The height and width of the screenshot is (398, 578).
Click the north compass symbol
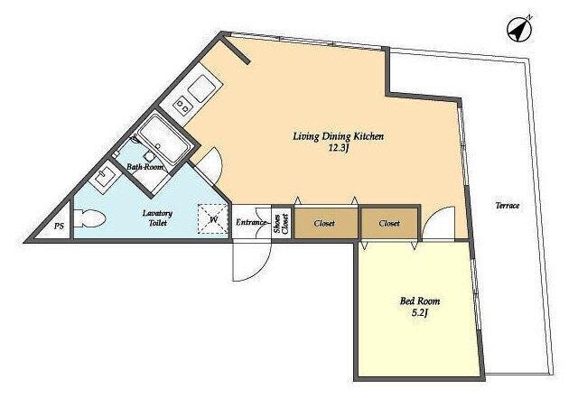pos(518,30)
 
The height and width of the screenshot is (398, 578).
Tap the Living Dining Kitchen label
pos(339,136)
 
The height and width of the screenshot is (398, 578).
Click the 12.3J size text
pos(339,149)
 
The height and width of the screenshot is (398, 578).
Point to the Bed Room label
pos(420,301)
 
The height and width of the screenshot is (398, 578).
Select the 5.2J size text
pos(420,313)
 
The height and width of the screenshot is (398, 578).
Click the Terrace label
pos(508,206)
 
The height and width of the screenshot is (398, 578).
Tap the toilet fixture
pos(89,219)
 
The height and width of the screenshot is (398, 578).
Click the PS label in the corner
pos(59,226)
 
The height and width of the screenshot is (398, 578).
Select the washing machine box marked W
pos(213,219)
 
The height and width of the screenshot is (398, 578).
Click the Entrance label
pos(251,223)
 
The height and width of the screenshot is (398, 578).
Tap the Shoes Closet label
pos(281,223)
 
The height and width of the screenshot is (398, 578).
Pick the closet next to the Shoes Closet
pos(326,223)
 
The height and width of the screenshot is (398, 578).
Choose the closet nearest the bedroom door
pos(389,223)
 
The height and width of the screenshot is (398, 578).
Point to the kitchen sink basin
pos(201,88)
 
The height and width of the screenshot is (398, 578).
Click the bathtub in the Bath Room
pos(163,138)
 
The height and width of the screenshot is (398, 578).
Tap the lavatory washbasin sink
pos(105,176)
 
